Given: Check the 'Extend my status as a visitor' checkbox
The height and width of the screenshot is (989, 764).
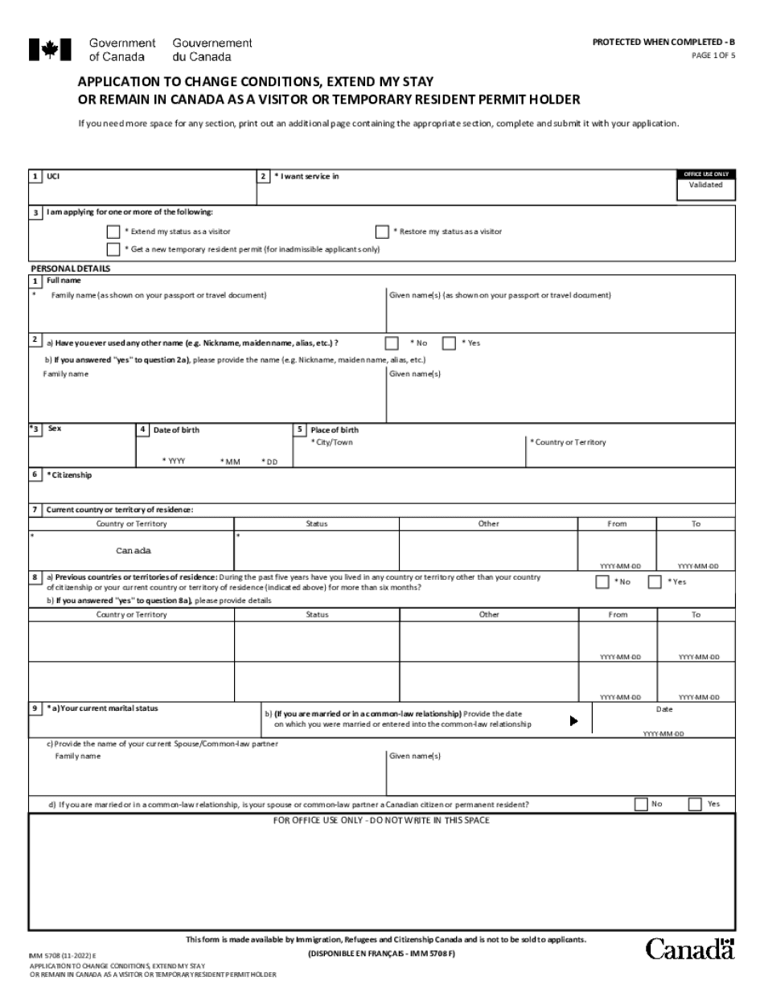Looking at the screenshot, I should tap(113, 232).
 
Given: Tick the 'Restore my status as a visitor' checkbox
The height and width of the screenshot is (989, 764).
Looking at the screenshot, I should tap(383, 232).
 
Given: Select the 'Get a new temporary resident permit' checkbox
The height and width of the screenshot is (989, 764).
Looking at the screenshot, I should tap(113, 249).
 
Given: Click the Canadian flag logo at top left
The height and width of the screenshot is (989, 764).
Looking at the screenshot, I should tap(50, 50).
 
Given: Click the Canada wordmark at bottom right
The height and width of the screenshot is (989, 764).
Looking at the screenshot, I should tap(690, 950).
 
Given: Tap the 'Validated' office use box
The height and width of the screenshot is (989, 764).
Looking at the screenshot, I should tap(705, 185).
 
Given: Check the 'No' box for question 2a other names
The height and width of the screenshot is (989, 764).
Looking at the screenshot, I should tap(392, 343).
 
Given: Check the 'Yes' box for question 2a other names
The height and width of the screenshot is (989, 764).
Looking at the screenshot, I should tap(449, 343).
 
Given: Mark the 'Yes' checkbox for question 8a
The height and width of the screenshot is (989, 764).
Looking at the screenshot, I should tap(655, 582).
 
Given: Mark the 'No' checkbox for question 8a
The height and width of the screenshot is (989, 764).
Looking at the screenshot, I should tap(602, 582).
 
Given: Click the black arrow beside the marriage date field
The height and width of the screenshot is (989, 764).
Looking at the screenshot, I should tap(573, 720).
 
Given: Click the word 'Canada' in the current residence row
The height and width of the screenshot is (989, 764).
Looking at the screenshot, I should tap(133, 551).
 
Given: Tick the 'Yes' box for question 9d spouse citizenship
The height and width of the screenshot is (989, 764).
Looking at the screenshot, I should tap(695, 804).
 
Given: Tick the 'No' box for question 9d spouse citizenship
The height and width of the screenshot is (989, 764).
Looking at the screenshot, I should tap(641, 804).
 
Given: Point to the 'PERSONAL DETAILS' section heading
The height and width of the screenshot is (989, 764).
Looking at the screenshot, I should tap(70, 269).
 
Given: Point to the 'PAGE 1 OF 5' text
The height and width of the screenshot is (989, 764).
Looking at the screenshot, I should tap(713, 55).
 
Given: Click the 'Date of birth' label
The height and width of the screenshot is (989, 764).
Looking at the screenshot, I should tap(176, 430).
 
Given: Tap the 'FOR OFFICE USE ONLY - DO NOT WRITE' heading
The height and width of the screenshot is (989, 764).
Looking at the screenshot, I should tap(381, 821).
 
